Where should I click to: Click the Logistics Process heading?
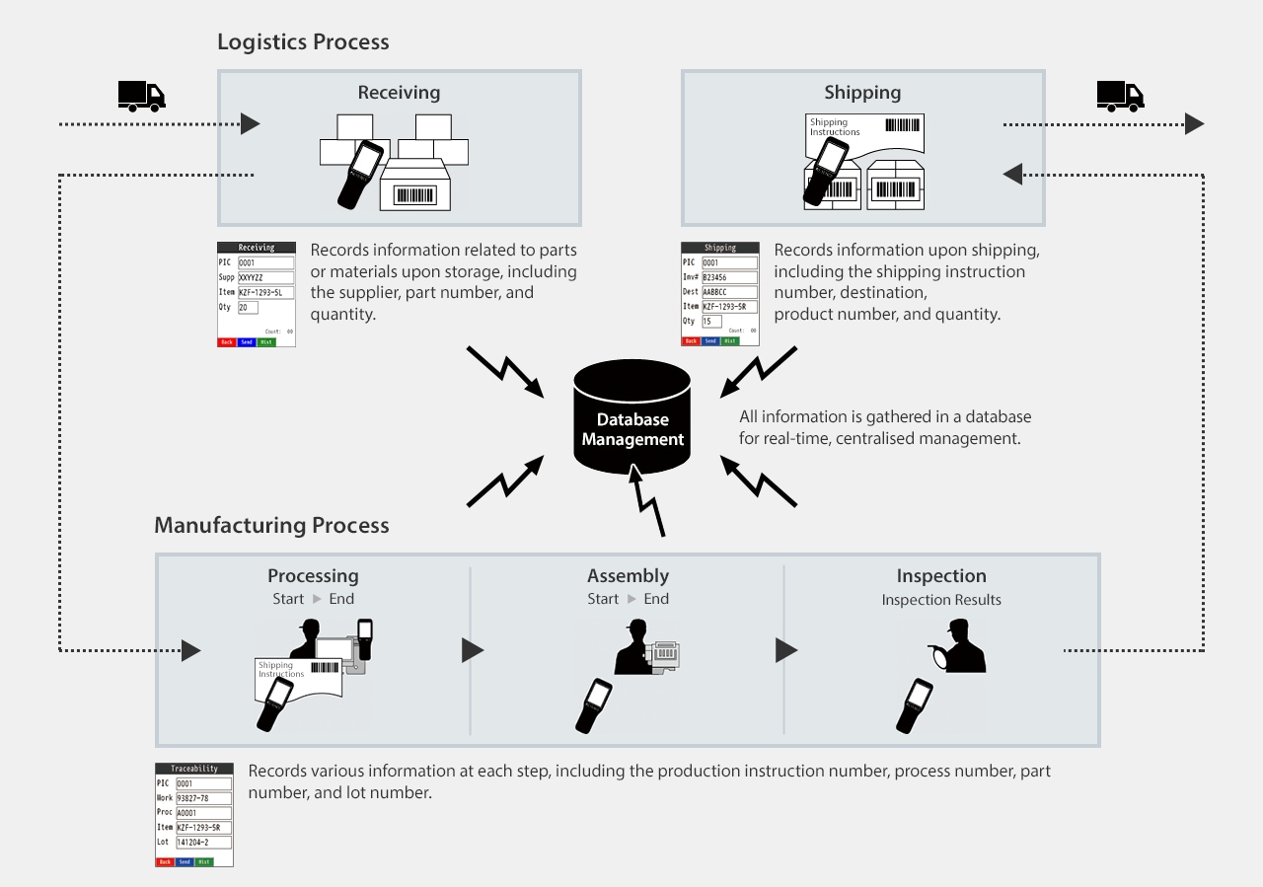click(303, 42)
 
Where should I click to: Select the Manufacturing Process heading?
click(271, 525)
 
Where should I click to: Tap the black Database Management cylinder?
click(632, 418)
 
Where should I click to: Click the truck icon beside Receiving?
click(141, 95)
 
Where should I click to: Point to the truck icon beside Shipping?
click(1120, 95)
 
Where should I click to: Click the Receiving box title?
click(399, 94)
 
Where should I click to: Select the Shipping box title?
click(862, 94)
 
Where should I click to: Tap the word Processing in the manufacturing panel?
click(313, 576)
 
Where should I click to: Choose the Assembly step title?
click(628, 576)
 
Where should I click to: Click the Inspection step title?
click(940, 576)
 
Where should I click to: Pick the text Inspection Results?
click(940, 599)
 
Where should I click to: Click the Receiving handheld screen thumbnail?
click(257, 294)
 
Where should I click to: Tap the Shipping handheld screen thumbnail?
click(720, 294)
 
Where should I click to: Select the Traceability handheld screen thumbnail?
click(194, 814)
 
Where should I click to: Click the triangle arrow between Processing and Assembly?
click(473, 651)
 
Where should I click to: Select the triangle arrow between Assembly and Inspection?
click(786, 651)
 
